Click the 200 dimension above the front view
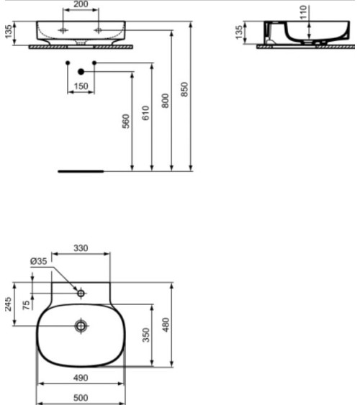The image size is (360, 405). [x=81, y=4]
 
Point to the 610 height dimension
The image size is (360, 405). [x=145, y=113]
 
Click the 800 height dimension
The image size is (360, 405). [x=165, y=100]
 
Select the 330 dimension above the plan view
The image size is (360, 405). [x=81, y=247]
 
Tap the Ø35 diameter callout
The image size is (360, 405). [x=39, y=262]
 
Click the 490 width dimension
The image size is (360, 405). [x=81, y=377]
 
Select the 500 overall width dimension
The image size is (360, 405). [x=81, y=397]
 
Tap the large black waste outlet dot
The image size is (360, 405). [x=81, y=71]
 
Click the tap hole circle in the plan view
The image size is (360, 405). [x=81, y=293]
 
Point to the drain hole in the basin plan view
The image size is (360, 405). [x=81, y=326]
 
